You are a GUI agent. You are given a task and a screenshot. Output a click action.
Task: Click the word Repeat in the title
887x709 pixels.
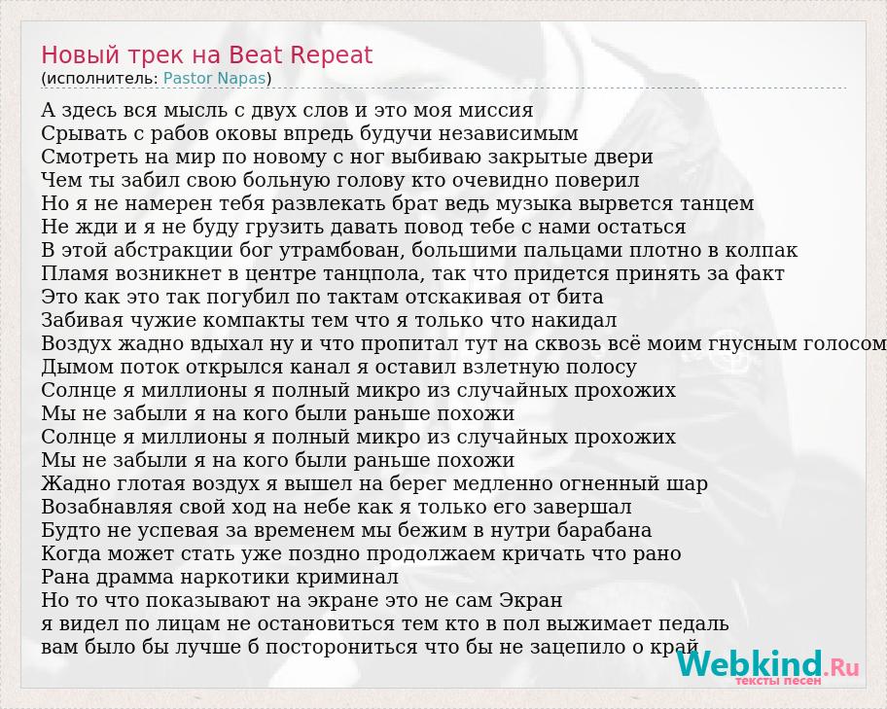[x=331, y=54]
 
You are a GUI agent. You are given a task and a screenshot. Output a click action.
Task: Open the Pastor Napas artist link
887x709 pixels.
[x=214, y=78]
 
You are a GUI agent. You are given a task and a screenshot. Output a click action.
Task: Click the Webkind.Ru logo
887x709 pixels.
[x=767, y=664]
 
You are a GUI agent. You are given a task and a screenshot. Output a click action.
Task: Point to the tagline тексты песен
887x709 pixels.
[x=778, y=681]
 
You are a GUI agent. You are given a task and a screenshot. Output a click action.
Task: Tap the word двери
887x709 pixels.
[x=623, y=157]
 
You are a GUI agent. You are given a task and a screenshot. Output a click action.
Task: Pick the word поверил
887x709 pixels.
[x=597, y=180]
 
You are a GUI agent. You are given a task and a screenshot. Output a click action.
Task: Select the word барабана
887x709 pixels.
[x=604, y=530]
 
